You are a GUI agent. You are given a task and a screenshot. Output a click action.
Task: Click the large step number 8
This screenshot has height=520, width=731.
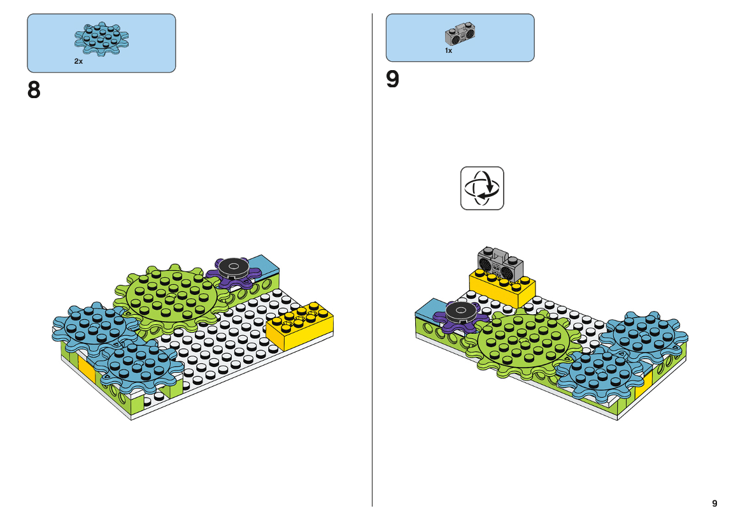click(x=34, y=90)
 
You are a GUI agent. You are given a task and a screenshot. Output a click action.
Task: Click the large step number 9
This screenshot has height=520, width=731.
click(x=392, y=79)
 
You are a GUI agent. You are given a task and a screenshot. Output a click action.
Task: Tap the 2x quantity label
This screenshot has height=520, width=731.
click(x=78, y=61)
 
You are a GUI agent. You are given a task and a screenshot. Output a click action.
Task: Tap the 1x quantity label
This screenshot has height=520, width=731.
click(x=448, y=50)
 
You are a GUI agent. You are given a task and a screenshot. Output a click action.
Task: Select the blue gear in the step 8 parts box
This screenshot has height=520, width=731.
click(x=102, y=39)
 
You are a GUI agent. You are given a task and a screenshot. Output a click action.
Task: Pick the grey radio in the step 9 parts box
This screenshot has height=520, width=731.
click(x=460, y=34)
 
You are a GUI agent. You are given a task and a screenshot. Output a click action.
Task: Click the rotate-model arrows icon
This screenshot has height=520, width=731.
click(x=482, y=189)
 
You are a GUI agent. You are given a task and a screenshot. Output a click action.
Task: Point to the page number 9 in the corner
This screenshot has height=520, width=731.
click(x=714, y=503)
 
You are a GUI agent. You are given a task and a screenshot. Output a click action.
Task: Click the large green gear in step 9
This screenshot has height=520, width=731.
click(x=524, y=342)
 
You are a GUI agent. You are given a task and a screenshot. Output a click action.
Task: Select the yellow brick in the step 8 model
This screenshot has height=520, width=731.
click(x=301, y=326)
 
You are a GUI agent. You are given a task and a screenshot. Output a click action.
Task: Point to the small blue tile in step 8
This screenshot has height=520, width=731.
click(x=264, y=265)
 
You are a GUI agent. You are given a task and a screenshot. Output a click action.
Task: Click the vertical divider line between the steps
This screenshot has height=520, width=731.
click(x=372, y=260)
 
